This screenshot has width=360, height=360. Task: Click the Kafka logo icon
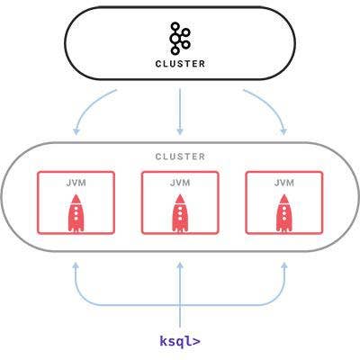pyautogui.click(x=180, y=39)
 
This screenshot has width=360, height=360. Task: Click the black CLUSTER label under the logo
pyautogui.click(x=180, y=64)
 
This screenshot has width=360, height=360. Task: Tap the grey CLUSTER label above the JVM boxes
pyautogui.click(x=180, y=157)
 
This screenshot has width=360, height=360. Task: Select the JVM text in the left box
pyautogui.click(x=76, y=183)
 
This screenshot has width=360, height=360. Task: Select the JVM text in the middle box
pyautogui.click(x=180, y=183)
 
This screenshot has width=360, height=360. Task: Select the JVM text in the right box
pyautogui.click(x=284, y=183)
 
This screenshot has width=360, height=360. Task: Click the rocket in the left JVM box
pyautogui.click(x=76, y=213)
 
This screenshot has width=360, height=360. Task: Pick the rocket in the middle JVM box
pyautogui.click(x=180, y=213)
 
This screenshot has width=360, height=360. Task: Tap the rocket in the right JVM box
pyautogui.click(x=284, y=213)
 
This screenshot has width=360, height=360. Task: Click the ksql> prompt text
pyautogui.click(x=180, y=341)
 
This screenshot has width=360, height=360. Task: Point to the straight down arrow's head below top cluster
pyautogui.click(x=180, y=131)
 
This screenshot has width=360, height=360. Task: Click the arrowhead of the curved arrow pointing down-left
pyautogui.click(x=76, y=131)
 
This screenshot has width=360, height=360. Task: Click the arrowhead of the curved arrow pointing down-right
pyautogui.click(x=283, y=131)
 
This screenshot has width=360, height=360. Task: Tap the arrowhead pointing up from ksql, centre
pyautogui.click(x=180, y=265)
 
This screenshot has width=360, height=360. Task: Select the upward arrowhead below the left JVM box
pyautogui.click(x=76, y=265)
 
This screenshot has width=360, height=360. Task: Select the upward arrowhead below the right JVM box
pyautogui.click(x=284, y=265)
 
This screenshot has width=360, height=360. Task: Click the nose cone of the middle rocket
pyautogui.click(x=180, y=199)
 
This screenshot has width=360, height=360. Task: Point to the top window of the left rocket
pyautogui.click(x=76, y=208)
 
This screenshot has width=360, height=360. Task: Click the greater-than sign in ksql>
pyautogui.click(x=195, y=341)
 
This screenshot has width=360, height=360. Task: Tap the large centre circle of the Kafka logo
pyautogui.click(x=175, y=39)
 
